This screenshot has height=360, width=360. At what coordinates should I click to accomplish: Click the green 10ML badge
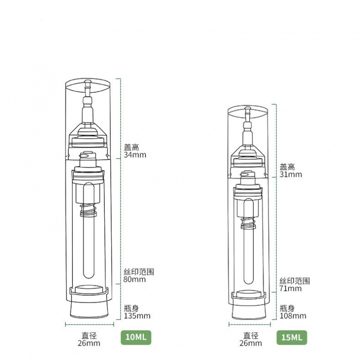tap(136, 337)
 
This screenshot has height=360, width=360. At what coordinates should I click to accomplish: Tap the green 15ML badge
tap(292, 337)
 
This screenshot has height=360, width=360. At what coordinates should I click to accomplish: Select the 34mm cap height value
tap(135, 155)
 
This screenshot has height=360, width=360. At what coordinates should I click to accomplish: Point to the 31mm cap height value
tap(291, 174)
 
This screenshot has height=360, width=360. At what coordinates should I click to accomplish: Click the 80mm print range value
tap(135, 279)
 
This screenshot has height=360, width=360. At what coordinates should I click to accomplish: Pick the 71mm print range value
tap(290, 288)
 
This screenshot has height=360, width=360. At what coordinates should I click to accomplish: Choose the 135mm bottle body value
tap(137, 316)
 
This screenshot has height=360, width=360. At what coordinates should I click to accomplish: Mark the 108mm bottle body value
tap(293, 316)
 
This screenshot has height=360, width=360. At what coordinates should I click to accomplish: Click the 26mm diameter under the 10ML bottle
tap(89, 343)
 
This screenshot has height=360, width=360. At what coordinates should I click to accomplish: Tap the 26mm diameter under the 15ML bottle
tap(251, 343)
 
